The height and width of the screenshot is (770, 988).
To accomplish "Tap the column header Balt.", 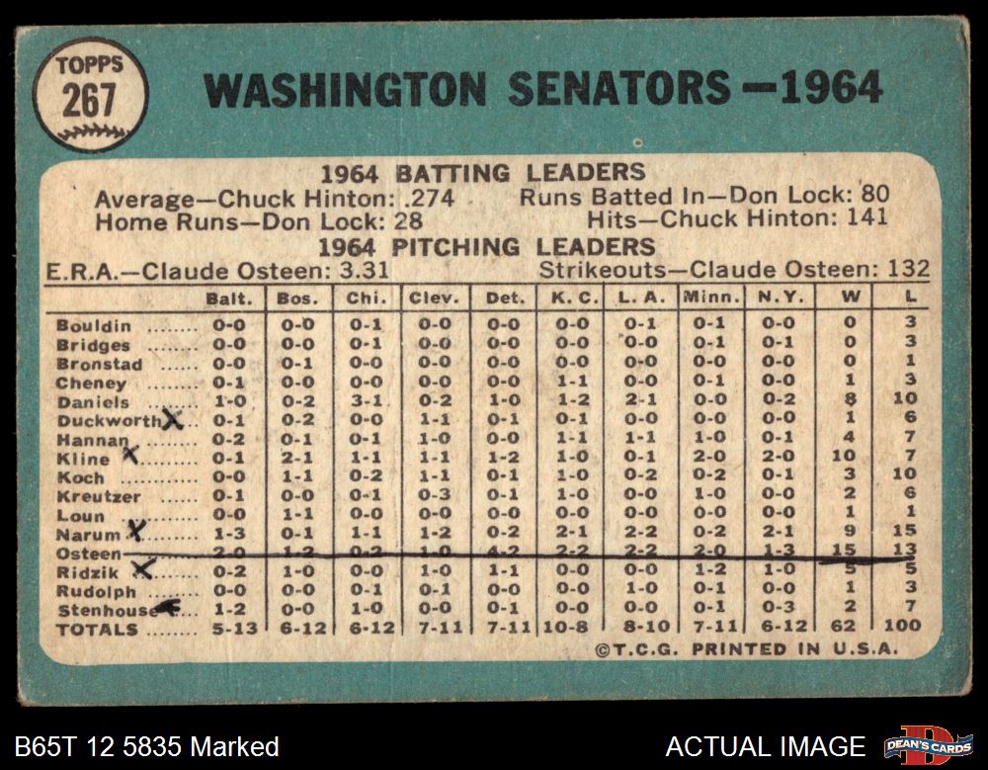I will tap(229, 298).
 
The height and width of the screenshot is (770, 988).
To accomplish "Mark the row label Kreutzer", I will tap(98, 496).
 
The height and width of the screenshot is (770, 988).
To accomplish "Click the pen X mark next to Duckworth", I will tap(173, 419).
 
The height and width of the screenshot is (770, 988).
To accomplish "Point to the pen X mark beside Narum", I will tap(136, 531).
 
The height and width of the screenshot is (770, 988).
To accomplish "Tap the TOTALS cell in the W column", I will tap(847, 626).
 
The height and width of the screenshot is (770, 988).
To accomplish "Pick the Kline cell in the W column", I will tap(847, 459).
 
